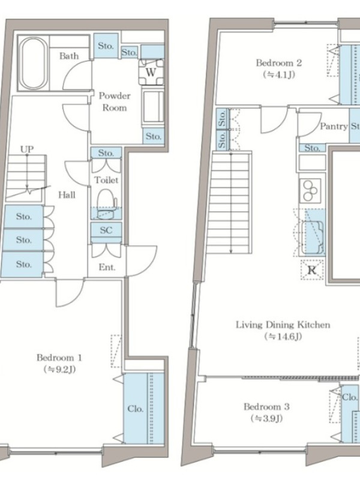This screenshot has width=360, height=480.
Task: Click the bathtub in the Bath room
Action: (34, 63)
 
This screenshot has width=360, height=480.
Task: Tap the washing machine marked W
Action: (151, 72)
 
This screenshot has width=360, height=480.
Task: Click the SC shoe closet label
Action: (106, 230)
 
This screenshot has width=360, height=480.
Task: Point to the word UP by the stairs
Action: (27, 149)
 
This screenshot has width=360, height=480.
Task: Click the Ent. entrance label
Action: (107, 267)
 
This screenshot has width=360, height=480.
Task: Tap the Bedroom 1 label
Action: (59, 358)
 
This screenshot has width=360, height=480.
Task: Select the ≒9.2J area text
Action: (59, 370)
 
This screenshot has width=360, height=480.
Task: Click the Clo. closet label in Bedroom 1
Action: (136, 409)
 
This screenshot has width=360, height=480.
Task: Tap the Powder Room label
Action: (115, 101)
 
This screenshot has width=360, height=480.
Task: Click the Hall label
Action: (67, 194)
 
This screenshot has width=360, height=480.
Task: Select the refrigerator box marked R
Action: (312, 269)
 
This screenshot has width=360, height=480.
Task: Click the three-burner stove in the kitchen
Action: (310, 190)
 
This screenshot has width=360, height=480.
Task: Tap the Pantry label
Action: (334, 126)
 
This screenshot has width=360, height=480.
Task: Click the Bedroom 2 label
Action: (279, 63)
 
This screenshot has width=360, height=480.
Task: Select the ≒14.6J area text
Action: (283, 337)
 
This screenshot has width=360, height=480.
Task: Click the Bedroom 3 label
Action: (266, 407)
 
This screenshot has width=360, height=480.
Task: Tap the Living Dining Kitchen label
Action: (283, 325)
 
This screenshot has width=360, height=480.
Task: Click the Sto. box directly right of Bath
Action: (106, 46)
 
